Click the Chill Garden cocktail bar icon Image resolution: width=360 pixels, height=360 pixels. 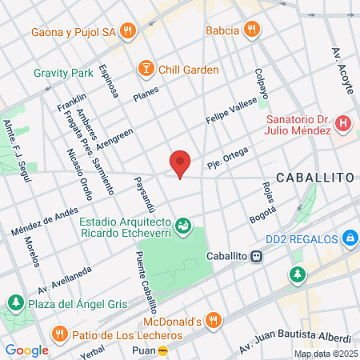point(146,69)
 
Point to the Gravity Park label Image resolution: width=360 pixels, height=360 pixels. point(63,72)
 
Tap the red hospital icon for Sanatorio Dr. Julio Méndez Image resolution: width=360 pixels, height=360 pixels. point(343,123)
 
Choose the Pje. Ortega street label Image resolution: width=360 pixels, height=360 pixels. point(228,157)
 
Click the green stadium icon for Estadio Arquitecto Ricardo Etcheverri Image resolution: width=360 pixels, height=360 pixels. point(185,226)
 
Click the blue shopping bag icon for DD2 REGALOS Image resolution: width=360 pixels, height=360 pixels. point(350,238)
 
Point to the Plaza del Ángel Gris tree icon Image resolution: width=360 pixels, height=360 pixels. point(15,302)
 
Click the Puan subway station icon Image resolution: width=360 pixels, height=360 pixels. point(163,350)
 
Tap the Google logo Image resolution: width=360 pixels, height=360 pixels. point(26,350)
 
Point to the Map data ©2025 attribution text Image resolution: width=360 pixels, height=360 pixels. point(326,354)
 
